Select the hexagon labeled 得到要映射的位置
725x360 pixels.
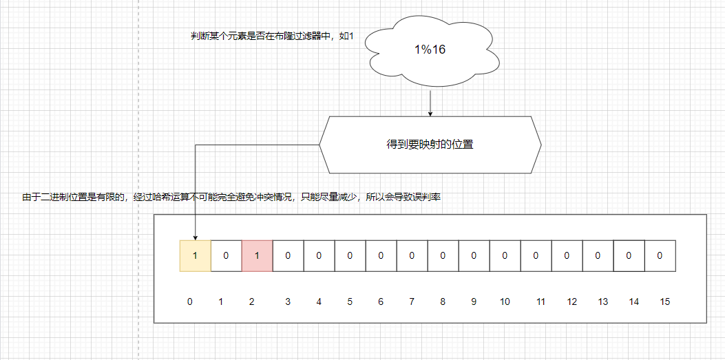[x=430, y=145]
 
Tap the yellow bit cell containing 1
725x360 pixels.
[x=195, y=255]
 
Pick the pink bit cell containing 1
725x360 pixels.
[x=257, y=255]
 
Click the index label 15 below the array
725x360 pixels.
[x=664, y=301]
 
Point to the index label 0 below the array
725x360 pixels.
[x=189, y=301]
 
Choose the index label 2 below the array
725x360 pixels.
[x=251, y=301]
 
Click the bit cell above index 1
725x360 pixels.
[x=226, y=255]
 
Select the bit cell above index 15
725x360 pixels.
[x=660, y=255]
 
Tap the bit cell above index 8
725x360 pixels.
[x=443, y=255]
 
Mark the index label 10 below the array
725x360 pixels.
[x=505, y=301]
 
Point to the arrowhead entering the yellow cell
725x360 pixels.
[x=195, y=235]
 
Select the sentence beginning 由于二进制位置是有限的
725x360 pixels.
[x=231, y=198]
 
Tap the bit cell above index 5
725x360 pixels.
[x=350, y=255]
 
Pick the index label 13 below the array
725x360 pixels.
[x=603, y=301]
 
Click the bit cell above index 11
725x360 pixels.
[x=536, y=255]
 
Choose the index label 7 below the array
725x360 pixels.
[x=411, y=301]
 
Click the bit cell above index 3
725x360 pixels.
[x=288, y=255]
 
